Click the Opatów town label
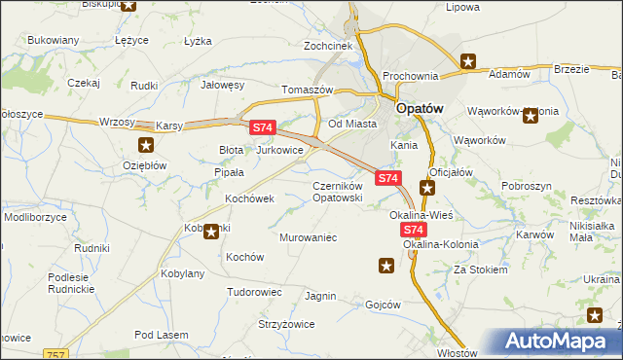(421, 109)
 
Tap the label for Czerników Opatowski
(338, 192)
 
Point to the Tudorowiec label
(254, 292)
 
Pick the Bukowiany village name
(53, 41)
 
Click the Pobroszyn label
(528, 185)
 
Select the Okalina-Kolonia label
(434, 244)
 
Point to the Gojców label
(383, 304)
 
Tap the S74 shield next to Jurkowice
(264, 127)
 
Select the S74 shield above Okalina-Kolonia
(414, 230)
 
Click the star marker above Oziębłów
(146, 146)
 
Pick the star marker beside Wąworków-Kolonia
(531, 117)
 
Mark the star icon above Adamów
(468, 62)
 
